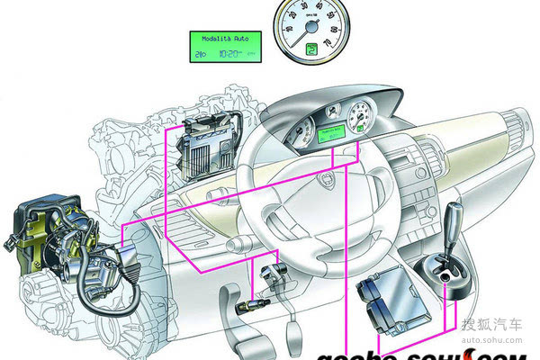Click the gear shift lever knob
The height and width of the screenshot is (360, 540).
[x=455, y=219]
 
